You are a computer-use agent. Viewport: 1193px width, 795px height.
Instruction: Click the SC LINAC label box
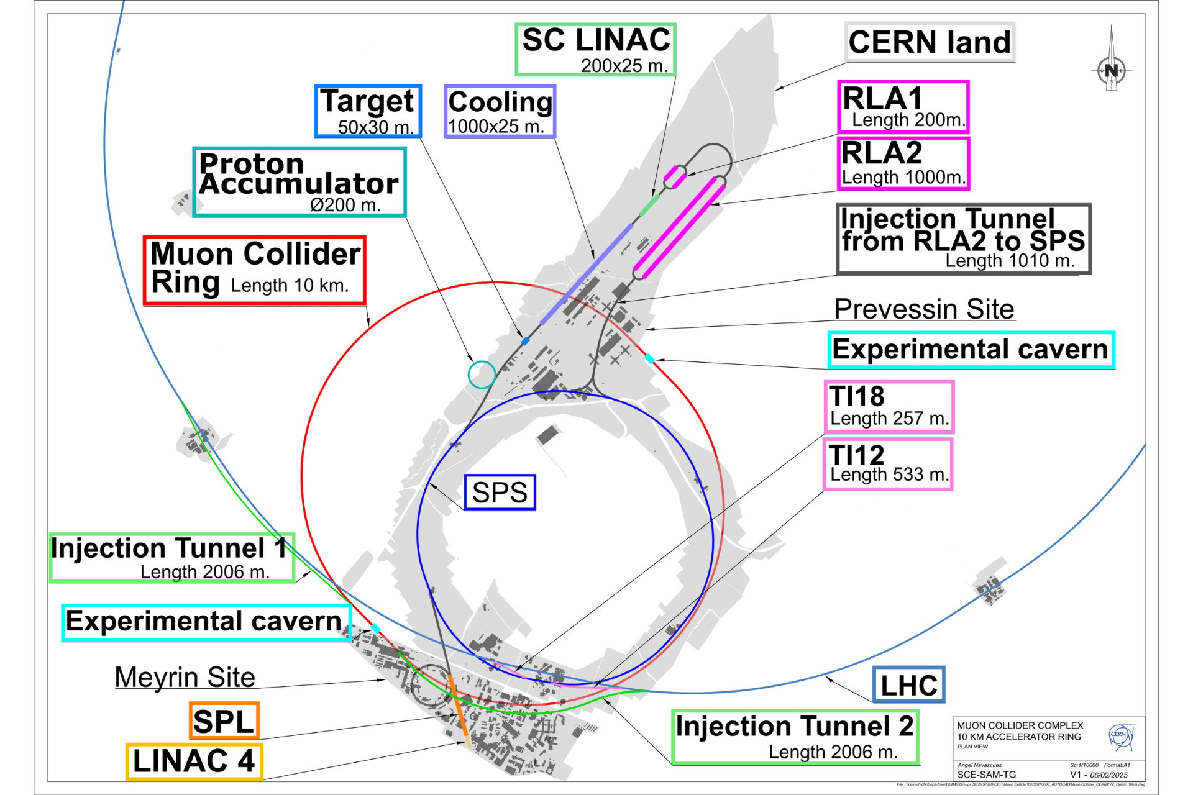pos(595,50)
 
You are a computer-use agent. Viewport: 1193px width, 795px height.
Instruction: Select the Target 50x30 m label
pos(368,111)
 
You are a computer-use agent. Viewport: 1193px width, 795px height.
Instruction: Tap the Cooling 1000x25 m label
pos(500,112)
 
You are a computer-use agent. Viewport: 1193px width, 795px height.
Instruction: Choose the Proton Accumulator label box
pos(299,182)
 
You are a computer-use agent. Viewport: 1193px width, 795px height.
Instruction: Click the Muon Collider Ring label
pos(254,270)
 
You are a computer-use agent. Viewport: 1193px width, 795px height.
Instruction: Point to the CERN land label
pos(930,43)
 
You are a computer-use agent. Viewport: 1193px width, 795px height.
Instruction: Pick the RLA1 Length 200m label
pos(903,106)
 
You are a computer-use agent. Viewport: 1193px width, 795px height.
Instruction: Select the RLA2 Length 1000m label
pos(903,163)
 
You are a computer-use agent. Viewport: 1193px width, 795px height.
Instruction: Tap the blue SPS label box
pos(500,493)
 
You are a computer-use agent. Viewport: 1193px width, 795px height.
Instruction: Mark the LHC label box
pos(908,685)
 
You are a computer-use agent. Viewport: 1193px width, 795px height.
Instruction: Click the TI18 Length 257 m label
pos(889,407)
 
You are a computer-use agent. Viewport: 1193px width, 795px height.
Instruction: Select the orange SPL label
pos(224,721)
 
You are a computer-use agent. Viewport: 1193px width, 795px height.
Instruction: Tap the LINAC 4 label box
pos(194,761)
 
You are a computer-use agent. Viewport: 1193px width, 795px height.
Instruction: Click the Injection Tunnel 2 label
pos(795,737)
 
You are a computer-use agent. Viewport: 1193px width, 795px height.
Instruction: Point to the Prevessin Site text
pos(924,309)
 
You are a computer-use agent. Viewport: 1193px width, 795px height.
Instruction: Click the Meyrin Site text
pos(185,677)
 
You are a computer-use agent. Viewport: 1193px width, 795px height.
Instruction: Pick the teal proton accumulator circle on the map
pos(482,375)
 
